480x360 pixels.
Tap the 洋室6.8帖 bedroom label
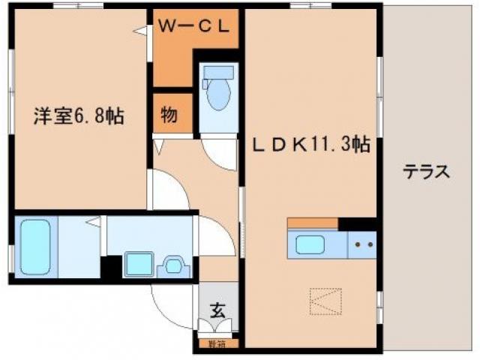point(78,116)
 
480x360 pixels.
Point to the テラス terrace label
point(427,172)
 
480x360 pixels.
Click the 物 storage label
point(169,115)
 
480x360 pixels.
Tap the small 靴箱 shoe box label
point(217,344)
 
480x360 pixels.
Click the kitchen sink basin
point(310,245)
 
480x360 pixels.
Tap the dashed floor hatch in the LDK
point(325,302)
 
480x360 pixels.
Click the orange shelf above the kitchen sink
point(312,223)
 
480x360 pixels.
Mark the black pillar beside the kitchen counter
point(357,223)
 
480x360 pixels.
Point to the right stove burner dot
point(370,244)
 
